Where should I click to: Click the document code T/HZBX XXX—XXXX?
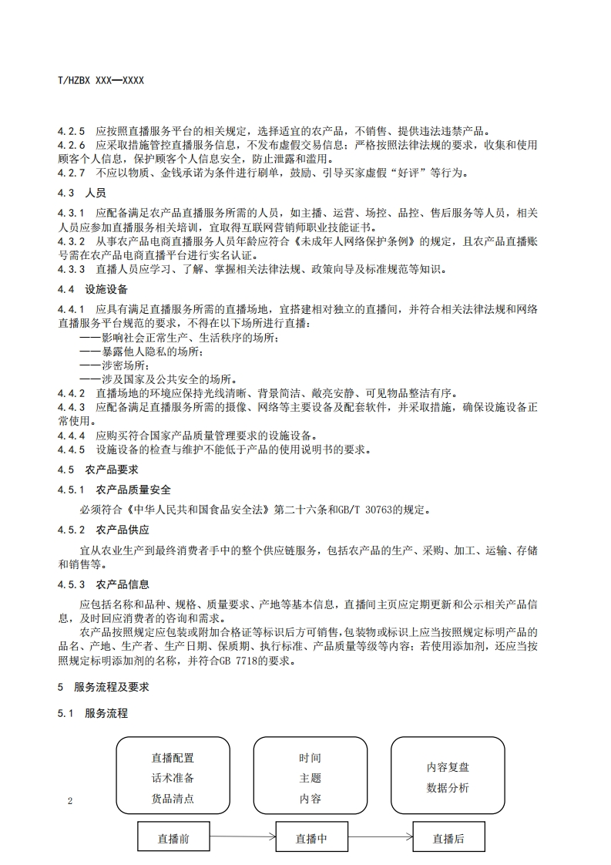pos(101,80)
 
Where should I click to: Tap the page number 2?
pos(70,801)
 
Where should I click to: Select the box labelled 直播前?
pos(173,839)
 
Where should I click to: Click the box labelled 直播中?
pos(311,839)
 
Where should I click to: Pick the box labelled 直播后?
pos(448,839)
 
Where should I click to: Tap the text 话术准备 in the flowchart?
pos(173,778)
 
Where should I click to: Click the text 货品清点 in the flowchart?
pos(173,799)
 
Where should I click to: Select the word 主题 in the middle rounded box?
pos(311,778)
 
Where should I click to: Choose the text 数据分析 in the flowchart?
pos(448,788)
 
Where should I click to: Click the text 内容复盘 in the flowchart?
pos(448,767)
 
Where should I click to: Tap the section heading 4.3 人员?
pos(82,193)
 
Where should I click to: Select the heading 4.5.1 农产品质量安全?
pos(115,490)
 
